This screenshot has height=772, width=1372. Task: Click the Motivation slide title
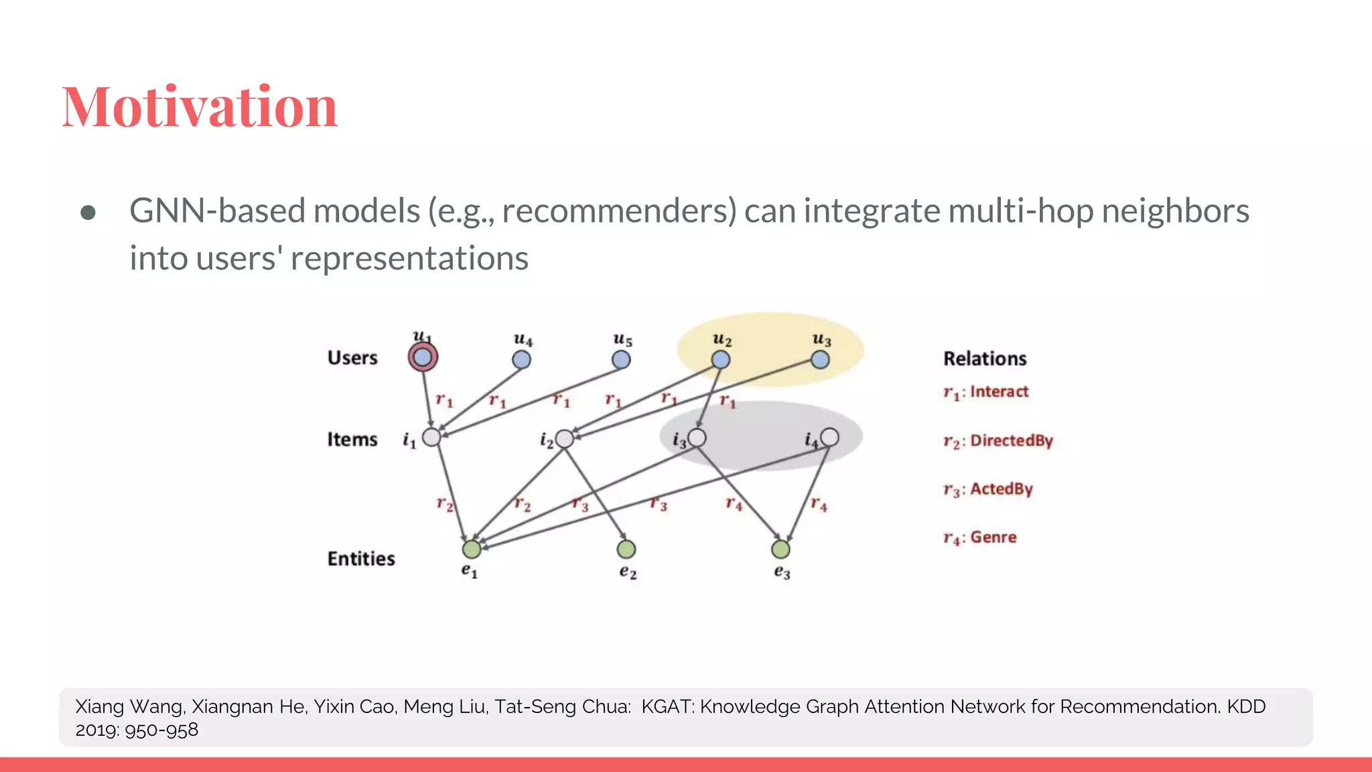(200, 107)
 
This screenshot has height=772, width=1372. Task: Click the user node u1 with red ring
(423, 357)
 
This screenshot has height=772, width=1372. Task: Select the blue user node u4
(521, 360)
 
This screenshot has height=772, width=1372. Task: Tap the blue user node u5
(621, 360)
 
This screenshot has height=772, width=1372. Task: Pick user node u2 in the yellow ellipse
(720, 360)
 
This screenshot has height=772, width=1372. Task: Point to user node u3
(820, 360)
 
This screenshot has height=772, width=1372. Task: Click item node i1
(431, 438)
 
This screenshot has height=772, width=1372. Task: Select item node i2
(565, 439)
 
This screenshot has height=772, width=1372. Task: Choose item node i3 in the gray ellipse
(697, 438)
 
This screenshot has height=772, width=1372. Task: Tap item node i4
(829, 438)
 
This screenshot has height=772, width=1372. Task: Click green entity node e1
(472, 550)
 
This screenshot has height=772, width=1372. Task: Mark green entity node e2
(626, 550)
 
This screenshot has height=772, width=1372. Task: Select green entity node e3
(780, 550)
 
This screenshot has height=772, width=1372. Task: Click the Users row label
(352, 358)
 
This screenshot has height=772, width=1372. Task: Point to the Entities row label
(361, 559)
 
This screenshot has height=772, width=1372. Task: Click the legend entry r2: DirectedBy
(998, 441)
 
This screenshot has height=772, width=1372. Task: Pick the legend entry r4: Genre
(980, 537)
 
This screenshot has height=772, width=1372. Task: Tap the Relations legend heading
(985, 359)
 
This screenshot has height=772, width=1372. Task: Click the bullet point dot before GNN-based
(88, 212)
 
